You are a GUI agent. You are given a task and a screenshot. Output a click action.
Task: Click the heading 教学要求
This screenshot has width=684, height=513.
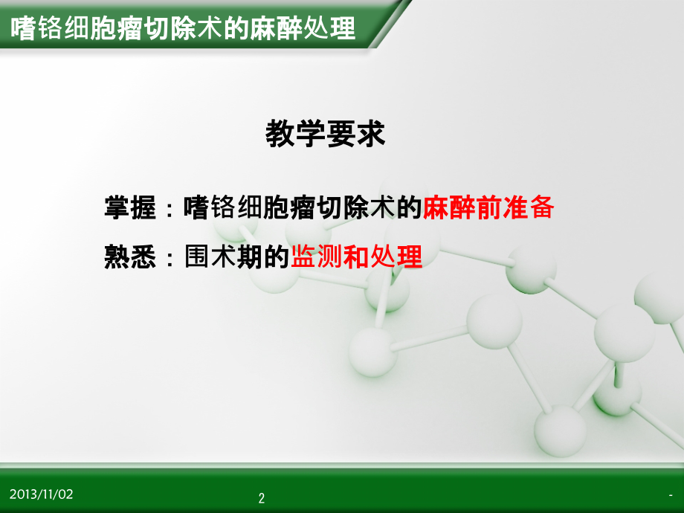[326, 134]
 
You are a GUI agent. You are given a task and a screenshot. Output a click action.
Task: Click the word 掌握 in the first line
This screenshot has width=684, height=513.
[130, 209]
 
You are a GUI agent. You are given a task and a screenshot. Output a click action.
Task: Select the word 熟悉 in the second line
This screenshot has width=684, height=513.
[130, 258]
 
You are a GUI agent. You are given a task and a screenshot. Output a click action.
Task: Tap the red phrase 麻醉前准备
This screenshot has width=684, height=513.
[488, 209]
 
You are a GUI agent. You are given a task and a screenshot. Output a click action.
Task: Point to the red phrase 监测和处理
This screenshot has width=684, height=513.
[357, 258]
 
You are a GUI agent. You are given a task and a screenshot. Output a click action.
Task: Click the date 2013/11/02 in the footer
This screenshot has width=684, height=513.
[42, 494]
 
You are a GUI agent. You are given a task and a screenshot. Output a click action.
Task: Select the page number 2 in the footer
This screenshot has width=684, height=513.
[261, 498]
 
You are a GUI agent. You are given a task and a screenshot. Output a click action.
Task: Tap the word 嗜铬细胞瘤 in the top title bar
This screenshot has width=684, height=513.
[71, 29]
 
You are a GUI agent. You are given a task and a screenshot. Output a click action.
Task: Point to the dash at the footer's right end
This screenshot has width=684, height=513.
[671, 495]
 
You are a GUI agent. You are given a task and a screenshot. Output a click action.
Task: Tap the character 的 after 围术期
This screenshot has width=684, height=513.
[277, 258]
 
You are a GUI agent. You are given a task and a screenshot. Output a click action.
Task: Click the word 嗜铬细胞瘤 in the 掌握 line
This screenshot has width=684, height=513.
[250, 209]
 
